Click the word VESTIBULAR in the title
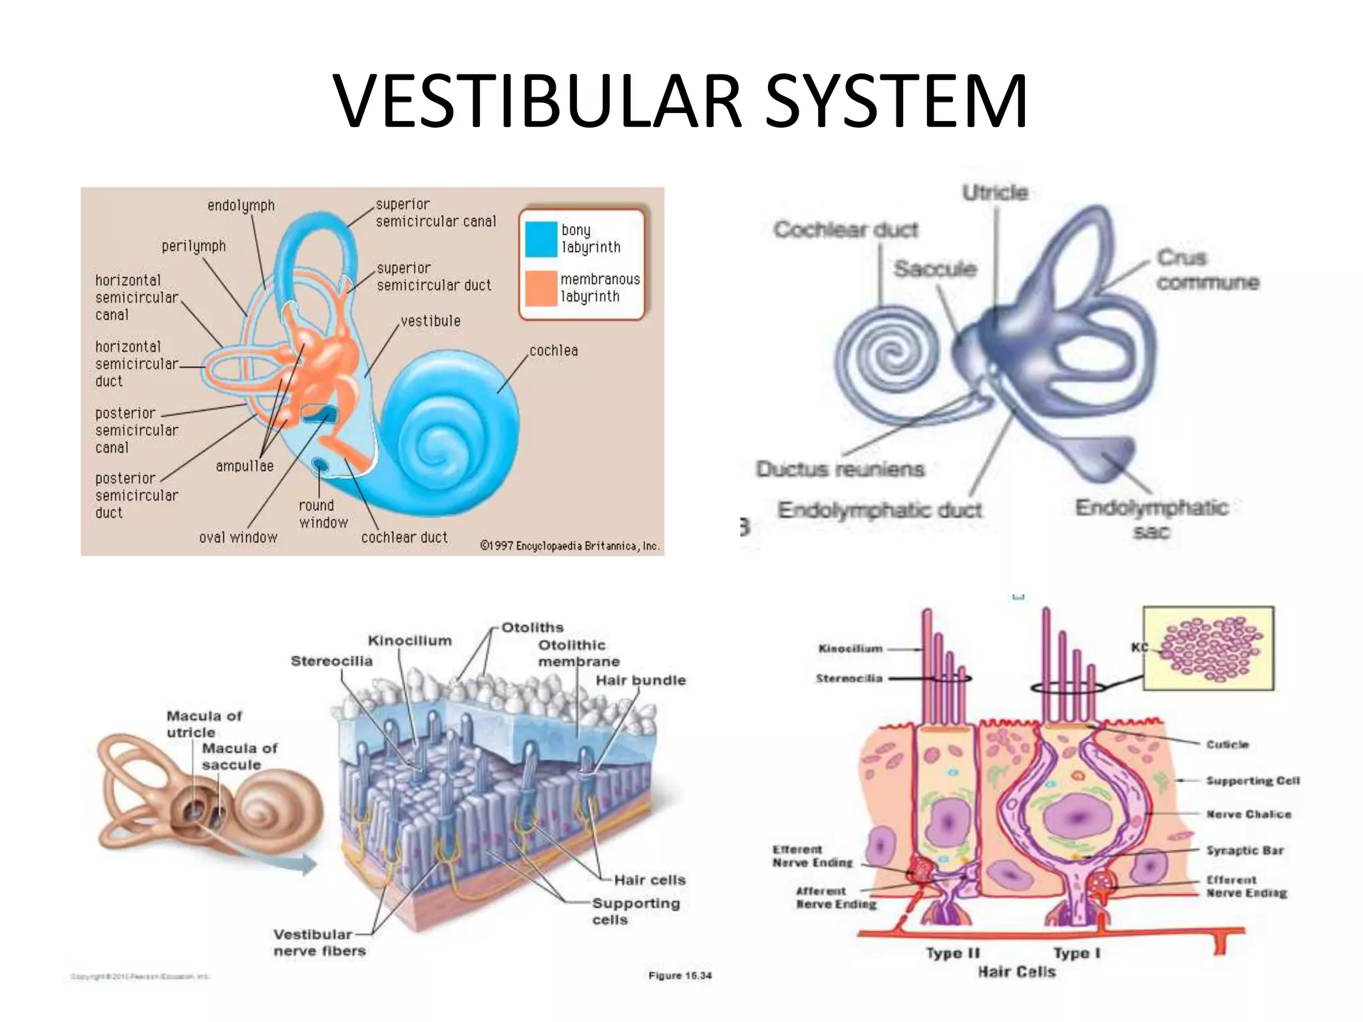[x=538, y=101]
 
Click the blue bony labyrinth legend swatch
[x=540, y=239]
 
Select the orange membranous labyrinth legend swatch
[x=540, y=288]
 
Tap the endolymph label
[x=241, y=206]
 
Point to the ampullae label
[x=244, y=466]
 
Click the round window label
[x=322, y=514]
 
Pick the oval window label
[x=238, y=537]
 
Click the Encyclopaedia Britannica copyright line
[x=570, y=546]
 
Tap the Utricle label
[x=995, y=193]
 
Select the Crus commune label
[x=1206, y=269]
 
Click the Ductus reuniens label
[x=840, y=469]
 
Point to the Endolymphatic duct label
[x=880, y=510]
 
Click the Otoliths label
[x=532, y=627]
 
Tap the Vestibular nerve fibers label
[x=319, y=943]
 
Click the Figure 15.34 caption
[x=680, y=975]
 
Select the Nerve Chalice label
[x=1249, y=814]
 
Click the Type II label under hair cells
[x=952, y=953]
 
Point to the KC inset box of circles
[x=1208, y=647]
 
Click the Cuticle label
[x=1227, y=745]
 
